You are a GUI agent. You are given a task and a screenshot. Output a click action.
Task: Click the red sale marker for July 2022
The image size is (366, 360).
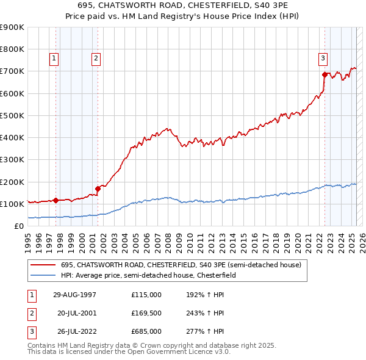(325, 74)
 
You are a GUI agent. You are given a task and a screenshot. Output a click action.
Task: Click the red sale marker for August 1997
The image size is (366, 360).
(56, 200)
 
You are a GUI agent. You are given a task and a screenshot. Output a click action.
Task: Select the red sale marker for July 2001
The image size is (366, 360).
(98, 189)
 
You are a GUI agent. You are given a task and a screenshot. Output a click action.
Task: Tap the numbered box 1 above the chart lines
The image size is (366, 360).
(54, 59)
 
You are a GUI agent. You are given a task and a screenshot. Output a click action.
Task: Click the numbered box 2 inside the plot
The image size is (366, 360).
(96, 59)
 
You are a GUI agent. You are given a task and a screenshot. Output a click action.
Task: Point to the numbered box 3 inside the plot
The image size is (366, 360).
(323, 59)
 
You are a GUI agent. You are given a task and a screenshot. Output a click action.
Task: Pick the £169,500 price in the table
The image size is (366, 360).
(146, 313)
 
